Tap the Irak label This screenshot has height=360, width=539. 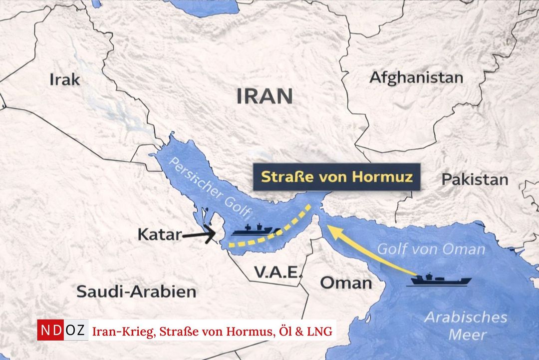click(65, 79)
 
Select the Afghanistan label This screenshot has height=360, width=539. click(416, 78)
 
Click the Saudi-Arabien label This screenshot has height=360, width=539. click(136, 291)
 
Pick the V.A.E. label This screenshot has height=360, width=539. click(278, 272)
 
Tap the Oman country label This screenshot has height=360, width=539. click(346, 283)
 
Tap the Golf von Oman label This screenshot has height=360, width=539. click(431, 249)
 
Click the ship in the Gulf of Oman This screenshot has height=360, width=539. click(439, 280)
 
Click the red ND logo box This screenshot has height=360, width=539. click(50, 330)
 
